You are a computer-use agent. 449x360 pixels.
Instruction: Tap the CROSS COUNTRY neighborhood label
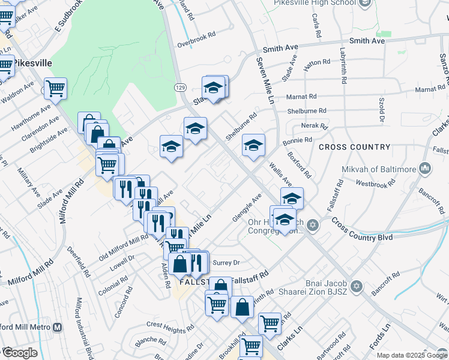coord(354,147)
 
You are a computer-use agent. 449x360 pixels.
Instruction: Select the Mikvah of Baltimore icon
coord(426,169)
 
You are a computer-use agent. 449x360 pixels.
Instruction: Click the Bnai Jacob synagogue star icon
coord(357,286)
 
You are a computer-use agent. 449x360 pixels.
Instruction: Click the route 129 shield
coord(179,88)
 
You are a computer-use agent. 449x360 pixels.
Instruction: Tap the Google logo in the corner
coord(20,353)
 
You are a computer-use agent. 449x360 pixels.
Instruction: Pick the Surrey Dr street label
coord(226,262)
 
